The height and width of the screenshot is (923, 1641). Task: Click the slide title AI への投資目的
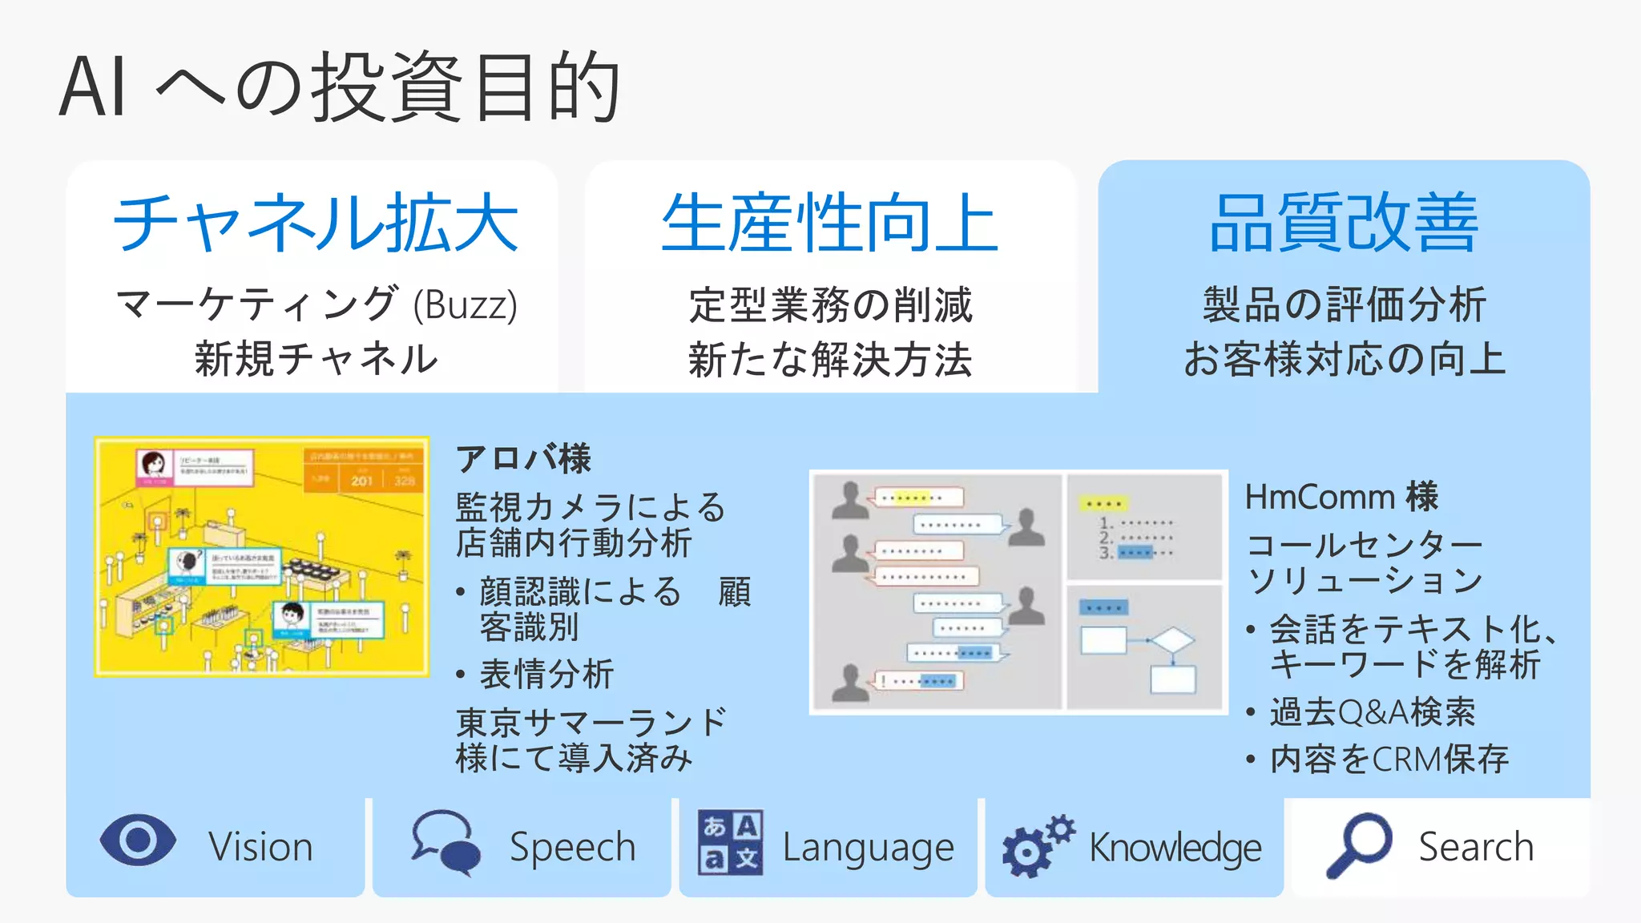(x=340, y=87)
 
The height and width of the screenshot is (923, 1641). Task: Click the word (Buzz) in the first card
(x=465, y=305)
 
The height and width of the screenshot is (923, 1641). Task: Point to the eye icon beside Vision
(x=138, y=840)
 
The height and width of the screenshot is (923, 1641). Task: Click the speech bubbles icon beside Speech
(x=446, y=842)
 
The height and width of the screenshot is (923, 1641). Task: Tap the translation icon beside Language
(x=730, y=842)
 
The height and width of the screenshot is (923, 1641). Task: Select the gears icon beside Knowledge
(x=1037, y=845)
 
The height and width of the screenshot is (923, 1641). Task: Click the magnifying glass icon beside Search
(x=1359, y=844)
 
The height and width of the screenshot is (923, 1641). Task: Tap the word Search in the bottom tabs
(x=1476, y=847)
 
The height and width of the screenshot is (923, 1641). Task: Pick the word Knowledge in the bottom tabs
(x=1175, y=848)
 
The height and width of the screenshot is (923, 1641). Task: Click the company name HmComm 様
(x=1341, y=497)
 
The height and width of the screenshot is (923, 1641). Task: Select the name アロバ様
(x=523, y=459)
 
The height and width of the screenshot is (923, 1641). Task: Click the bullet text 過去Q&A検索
(x=1372, y=711)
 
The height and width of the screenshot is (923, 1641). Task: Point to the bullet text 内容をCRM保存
(x=1389, y=759)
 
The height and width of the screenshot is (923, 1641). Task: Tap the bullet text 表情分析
(x=546, y=674)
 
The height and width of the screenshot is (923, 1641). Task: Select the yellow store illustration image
(x=261, y=556)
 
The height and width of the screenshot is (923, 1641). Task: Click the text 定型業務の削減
(x=830, y=305)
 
